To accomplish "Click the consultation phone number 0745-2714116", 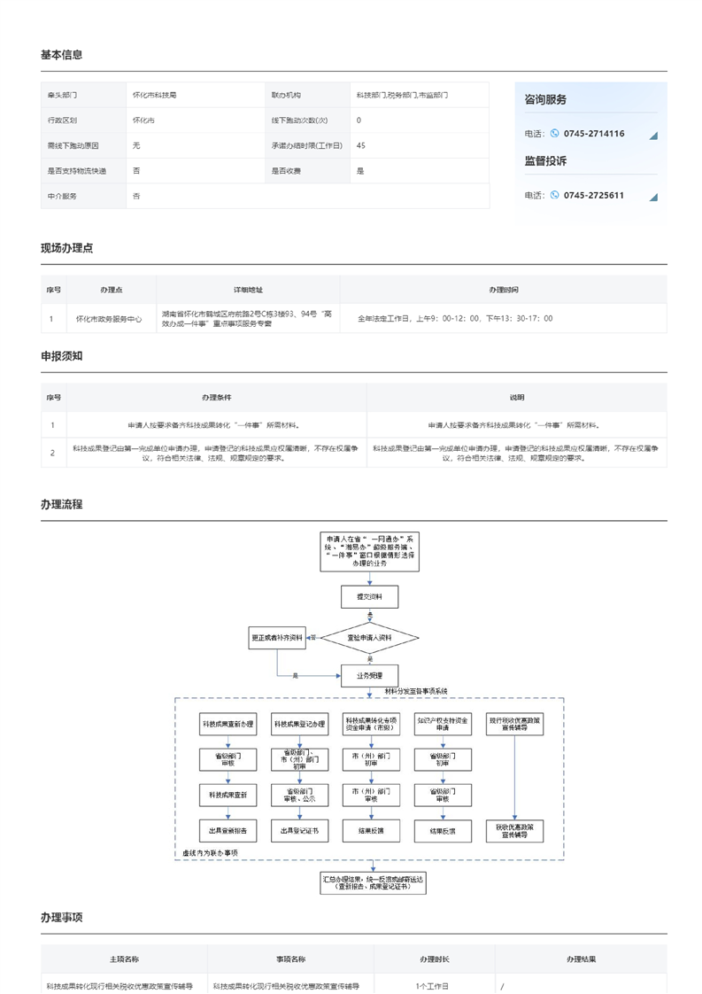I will click(593, 134).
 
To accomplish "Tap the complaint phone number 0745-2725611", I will click(593, 196).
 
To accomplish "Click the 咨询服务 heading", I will click(545, 100).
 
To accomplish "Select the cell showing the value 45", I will click(361, 145).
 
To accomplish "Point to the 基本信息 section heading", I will click(62, 55).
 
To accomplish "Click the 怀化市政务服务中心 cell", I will click(108, 318).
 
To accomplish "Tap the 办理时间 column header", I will click(504, 290).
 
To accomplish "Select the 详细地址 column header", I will click(248, 290).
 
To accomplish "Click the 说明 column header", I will click(516, 398).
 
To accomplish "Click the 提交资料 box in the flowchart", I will click(370, 597).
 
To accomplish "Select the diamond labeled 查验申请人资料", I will click(369, 638).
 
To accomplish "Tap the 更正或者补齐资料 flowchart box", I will click(277, 637).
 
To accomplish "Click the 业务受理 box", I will click(370, 675).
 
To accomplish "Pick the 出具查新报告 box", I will click(228, 831).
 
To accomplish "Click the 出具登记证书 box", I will click(299, 831).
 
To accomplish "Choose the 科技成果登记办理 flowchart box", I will click(299, 725).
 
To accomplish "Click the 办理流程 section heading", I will click(62, 504).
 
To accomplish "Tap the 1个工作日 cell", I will click(432, 985).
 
